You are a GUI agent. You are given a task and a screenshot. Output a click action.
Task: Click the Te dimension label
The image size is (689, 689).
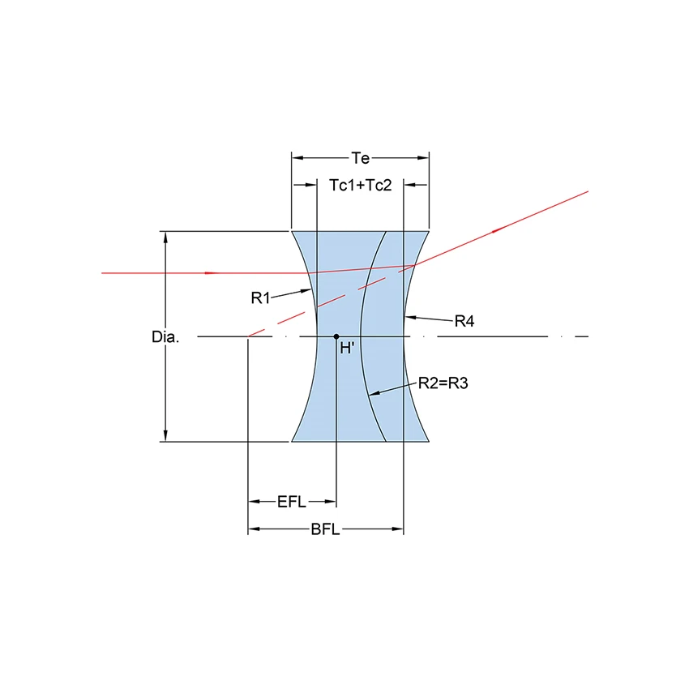(361, 158)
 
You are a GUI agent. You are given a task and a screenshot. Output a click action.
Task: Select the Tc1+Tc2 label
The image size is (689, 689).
(361, 186)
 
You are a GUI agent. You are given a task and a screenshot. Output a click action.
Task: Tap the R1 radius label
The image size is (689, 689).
(260, 298)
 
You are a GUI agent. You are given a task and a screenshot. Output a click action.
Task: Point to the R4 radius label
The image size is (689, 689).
(464, 321)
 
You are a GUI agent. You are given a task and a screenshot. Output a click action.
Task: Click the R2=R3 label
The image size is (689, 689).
(443, 383)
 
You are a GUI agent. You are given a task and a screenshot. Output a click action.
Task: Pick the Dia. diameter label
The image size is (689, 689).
(165, 337)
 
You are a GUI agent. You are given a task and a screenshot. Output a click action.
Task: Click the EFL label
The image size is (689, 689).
(291, 502)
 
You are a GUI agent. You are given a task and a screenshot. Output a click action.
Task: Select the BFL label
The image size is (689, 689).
(325, 529)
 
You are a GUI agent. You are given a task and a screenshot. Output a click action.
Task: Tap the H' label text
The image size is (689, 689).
(347, 349)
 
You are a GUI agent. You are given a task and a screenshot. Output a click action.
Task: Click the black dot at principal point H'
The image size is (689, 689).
(336, 336)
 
